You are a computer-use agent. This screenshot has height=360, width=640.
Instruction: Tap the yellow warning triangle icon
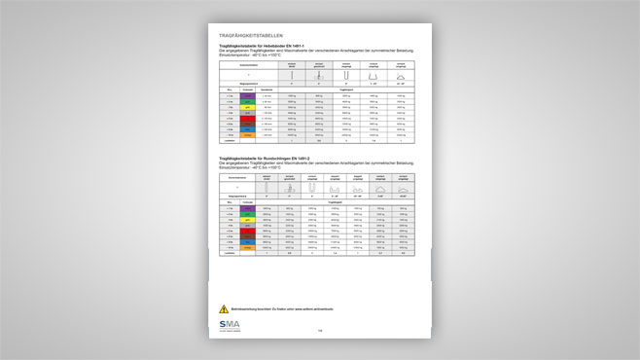(224, 307)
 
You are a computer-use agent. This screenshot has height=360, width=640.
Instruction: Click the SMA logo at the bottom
(233, 325)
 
